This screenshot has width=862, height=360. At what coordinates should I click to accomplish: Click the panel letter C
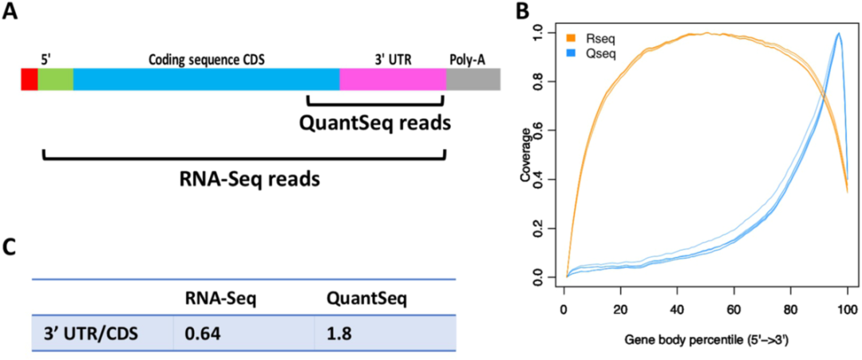pyautogui.click(x=11, y=247)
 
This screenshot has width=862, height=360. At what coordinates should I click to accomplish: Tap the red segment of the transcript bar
pyautogui.click(x=29, y=78)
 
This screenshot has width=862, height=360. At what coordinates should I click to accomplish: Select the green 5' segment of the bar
pyautogui.click(x=55, y=78)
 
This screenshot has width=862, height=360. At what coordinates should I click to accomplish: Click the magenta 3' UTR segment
pyautogui.click(x=392, y=78)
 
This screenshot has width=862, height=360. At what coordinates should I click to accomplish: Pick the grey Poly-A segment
pyautogui.click(x=473, y=78)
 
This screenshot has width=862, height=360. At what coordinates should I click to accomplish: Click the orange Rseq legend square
pyautogui.click(x=570, y=37)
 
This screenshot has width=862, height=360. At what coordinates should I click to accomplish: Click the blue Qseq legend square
pyautogui.click(x=570, y=50)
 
